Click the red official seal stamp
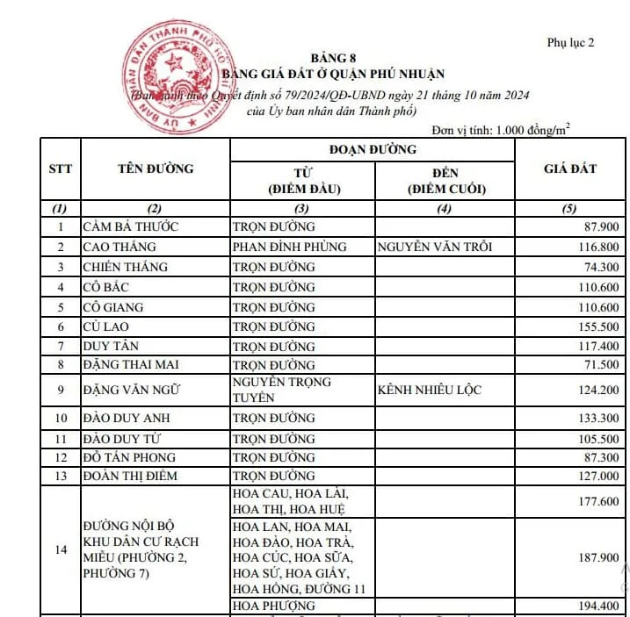click(176, 77)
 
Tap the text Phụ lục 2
click(570, 42)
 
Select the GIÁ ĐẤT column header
click(569, 169)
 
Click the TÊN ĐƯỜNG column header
click(155, 169)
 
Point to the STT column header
click(60, 169)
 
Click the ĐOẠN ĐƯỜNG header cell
click(372, 149)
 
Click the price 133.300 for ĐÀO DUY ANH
click(597, 419)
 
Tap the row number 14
click(60, 549)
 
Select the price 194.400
click(597, 606)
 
